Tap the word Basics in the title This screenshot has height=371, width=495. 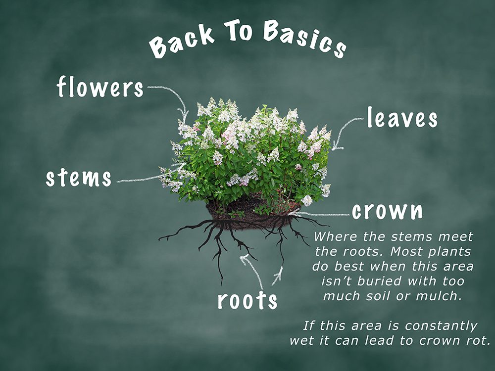pyautogui.click(x=304, y=39)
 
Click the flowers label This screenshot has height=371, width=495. pyautogui.click(x=100, y=87)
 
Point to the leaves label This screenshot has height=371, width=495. pyautogui.click(x=402, y=117)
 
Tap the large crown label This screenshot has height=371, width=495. pyautogui.click(x=388, y=211)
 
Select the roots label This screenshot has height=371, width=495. pyautogui.click(x=247, y=300)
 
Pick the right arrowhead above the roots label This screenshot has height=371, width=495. pyautogui.click(x=279, y=272)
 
